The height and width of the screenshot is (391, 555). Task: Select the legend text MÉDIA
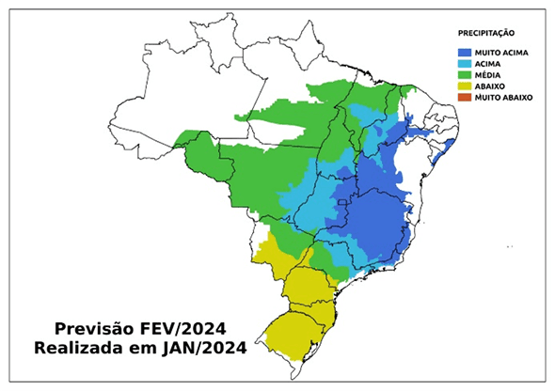click(x=489, y=75)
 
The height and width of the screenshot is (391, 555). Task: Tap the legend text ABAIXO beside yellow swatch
click(x=491, y=86)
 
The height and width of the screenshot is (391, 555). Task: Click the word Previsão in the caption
click(x=90, y=329)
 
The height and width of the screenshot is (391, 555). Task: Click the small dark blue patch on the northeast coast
click(x=450, y=147)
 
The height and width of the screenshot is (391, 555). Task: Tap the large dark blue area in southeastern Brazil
click(x=376, y=221)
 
